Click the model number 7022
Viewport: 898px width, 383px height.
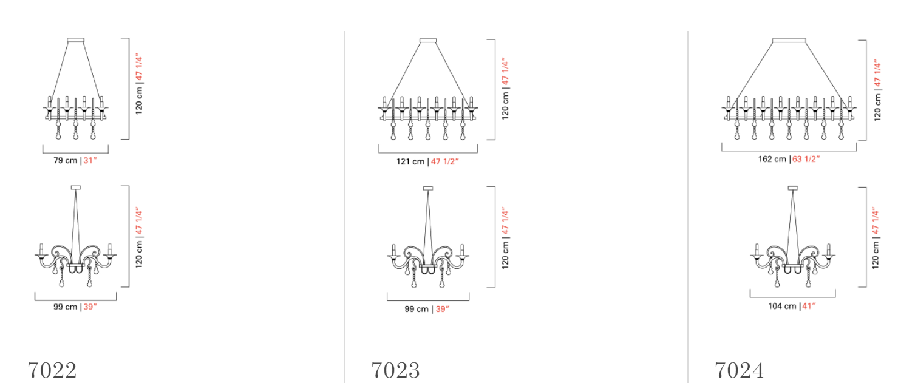(x=52, y=370)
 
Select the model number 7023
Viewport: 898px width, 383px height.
(x=396, y=370)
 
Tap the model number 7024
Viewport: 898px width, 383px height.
(x=740, y=370)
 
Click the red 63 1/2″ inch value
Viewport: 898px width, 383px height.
(x=806, y=159)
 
